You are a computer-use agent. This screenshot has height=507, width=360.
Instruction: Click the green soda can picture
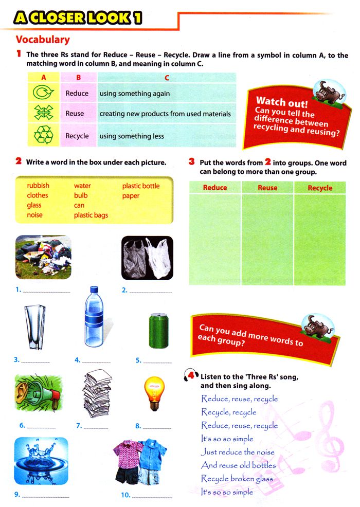pos(156,331)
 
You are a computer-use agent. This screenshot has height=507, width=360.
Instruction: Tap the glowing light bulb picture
pos(153,393)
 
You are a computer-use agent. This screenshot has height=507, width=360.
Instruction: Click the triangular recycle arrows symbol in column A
pos(43,136)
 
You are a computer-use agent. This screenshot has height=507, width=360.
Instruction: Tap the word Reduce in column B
pos(77,94)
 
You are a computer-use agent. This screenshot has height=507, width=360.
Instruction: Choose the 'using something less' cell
pos(132,136)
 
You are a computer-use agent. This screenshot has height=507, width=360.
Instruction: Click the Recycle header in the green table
pos(320,188)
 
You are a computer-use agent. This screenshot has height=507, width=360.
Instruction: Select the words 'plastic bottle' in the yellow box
pos(140,186)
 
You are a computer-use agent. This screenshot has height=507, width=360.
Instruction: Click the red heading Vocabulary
pos(43,40)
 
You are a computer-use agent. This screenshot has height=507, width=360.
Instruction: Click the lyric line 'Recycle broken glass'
pos(237,479)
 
